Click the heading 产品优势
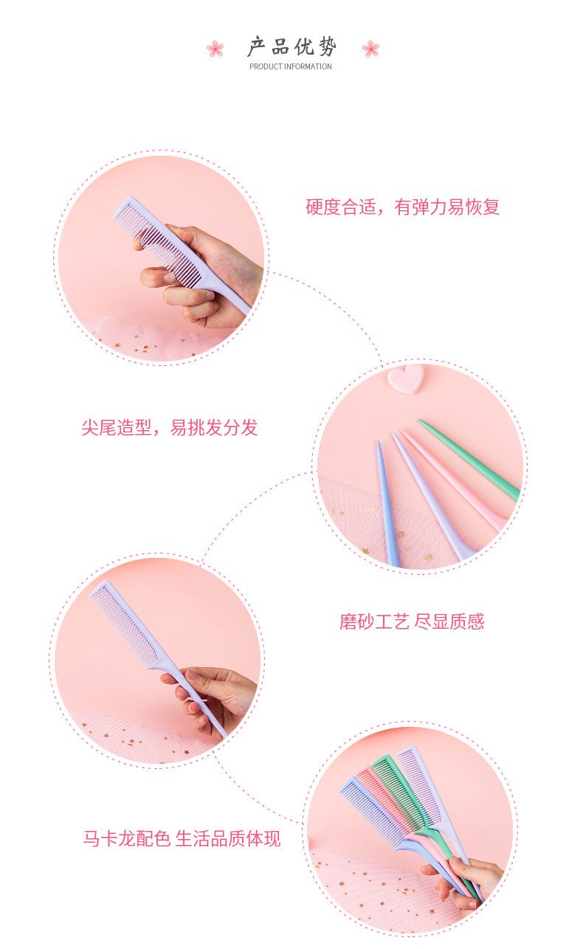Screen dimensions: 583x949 [x=292, y=46]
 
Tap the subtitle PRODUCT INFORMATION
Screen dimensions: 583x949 [x=291, y=66]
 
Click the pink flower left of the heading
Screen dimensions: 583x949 [x=215, y=49]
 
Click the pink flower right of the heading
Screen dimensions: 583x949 [x=370, y=49]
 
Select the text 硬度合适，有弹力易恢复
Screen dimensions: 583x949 [x=402, y=207]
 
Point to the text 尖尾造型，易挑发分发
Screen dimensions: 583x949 [x=170, y=427]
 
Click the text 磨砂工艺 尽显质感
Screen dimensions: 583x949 [x=412, y=622]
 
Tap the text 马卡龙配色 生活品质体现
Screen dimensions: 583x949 [x=182, y=839]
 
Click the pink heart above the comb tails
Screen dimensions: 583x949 [x=406, y=379]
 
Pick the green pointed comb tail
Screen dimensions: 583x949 [x=468, y=459]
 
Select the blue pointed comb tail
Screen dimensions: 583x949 [x=387, y=504]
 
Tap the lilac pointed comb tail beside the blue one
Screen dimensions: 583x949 [x=432, y=496]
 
